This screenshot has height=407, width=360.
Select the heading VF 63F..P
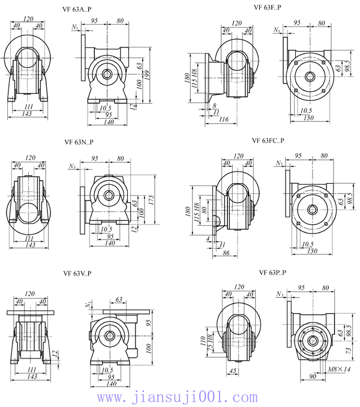pyautogui.click(x=267, y=7)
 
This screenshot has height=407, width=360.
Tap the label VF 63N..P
pyautogui.click(x=79, y=142)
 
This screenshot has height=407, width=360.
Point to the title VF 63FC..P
pyautogui.click(x=268, y=140)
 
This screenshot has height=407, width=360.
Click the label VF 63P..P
pyautogui.click(x=272, y=273)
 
